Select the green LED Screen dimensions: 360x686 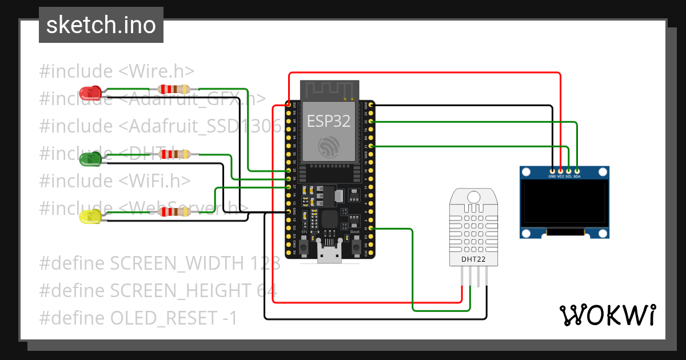coord(90,158)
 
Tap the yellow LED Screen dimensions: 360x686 coord(90,216)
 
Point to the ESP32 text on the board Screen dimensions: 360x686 coord(329,121)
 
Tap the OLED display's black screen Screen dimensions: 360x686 coord(564,203)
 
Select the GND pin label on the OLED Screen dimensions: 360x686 coord(552,177)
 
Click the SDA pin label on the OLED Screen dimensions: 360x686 coord(577,177)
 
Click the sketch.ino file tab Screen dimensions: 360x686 coord(101,25)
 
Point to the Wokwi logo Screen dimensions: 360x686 coord(607,315)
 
